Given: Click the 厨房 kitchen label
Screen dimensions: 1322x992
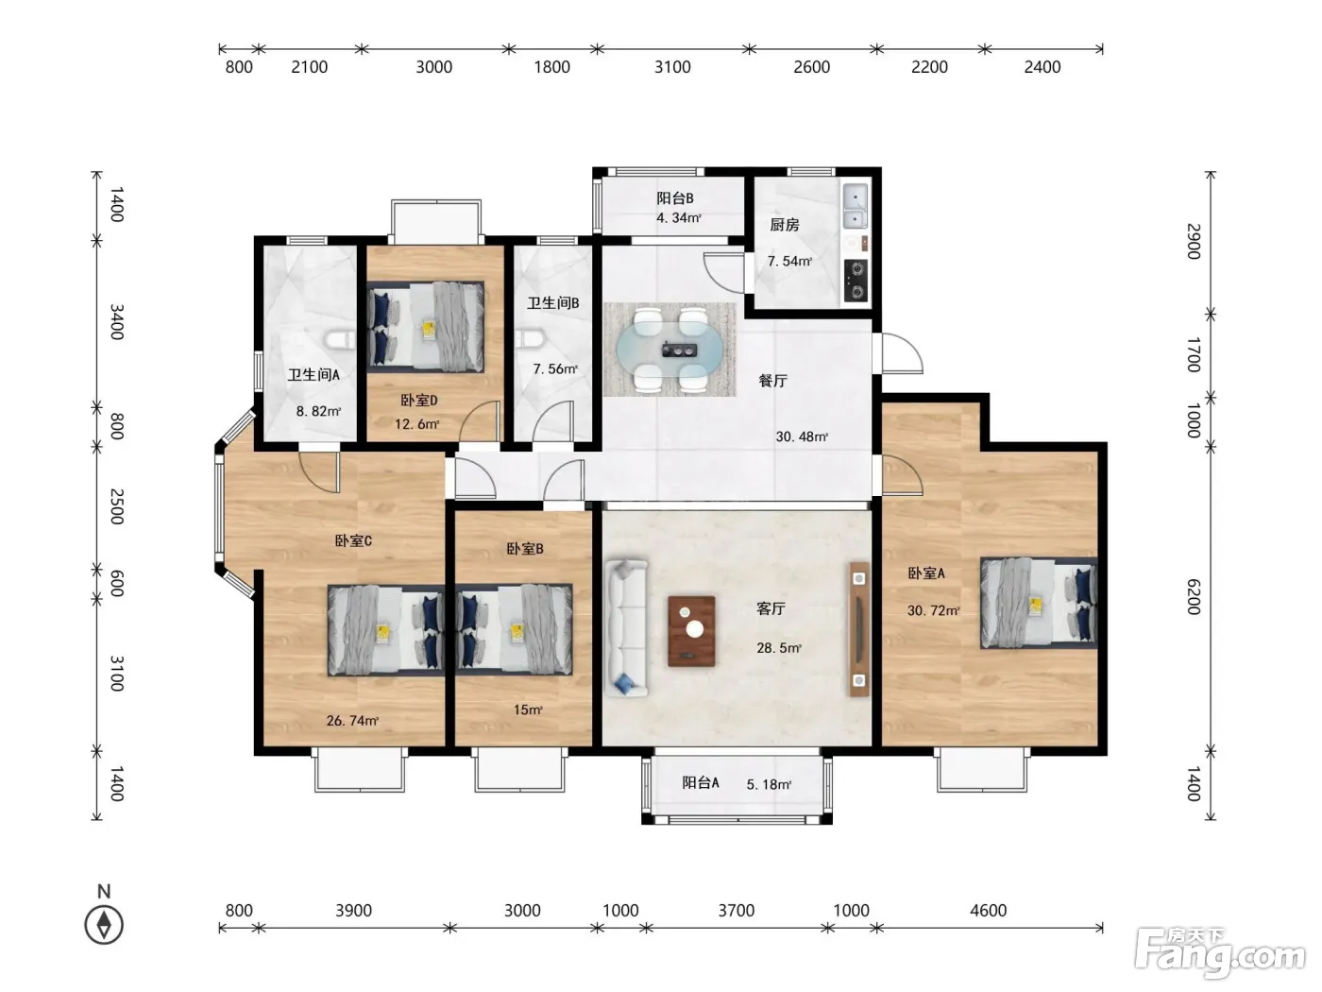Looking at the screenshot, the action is (784, 225).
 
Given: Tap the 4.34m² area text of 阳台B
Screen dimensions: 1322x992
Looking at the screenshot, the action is (679, 217).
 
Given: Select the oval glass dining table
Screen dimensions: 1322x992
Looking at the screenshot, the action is (669, 349).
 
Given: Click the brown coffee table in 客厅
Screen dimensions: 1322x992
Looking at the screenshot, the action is (691, 631).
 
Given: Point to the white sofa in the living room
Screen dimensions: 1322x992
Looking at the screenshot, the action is (626, 628).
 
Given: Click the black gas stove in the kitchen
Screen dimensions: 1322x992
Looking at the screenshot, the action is (856, 280).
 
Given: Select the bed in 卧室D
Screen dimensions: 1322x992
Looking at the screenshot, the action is (426, 327).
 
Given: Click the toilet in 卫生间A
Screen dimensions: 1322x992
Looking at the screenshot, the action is (339, 340).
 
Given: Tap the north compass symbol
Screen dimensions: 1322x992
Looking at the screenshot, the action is (104, 925).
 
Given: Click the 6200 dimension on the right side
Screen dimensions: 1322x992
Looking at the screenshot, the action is (1194, 596).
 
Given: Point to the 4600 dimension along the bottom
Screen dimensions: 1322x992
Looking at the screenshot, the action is (988, 910).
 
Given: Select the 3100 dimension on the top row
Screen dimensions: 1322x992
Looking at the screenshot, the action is (672, 67).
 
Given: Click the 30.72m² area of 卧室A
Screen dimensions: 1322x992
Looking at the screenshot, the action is (933, 610).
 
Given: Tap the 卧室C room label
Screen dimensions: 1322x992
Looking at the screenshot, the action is (353, 540).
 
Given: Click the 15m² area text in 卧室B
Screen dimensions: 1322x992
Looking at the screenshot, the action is (528, 710).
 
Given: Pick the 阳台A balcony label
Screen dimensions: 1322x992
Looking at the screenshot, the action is (701, 782).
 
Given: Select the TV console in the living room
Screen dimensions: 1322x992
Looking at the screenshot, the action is (859, 629).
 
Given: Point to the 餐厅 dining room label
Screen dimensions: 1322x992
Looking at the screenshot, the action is (772, 381).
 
